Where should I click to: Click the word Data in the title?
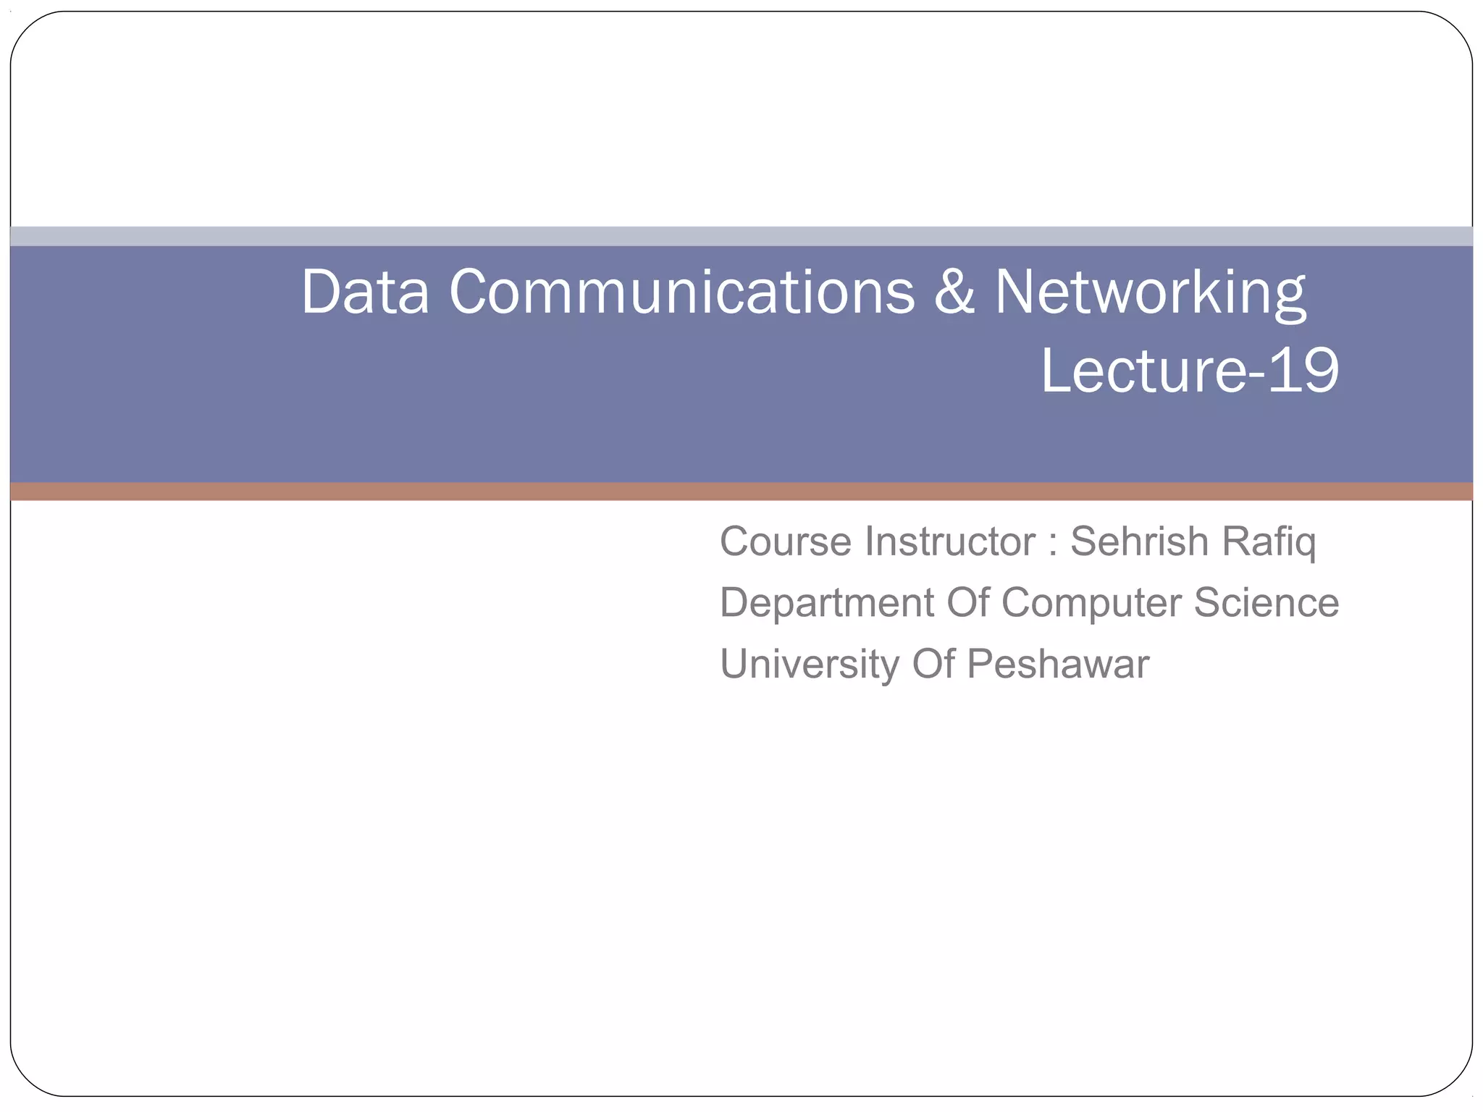[365, 292]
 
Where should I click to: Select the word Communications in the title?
[681, 292]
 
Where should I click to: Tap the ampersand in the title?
[954, 292]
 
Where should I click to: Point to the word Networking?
[1150, 293]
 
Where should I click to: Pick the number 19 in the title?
[1303, 371]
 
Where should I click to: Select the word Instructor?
[949, 542]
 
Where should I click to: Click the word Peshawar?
[1058, 664]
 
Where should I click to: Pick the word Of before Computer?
[968, 602]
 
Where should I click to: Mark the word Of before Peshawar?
[933, 664]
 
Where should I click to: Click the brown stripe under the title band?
[741, 492]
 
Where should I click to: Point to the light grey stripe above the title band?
[741, 236]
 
